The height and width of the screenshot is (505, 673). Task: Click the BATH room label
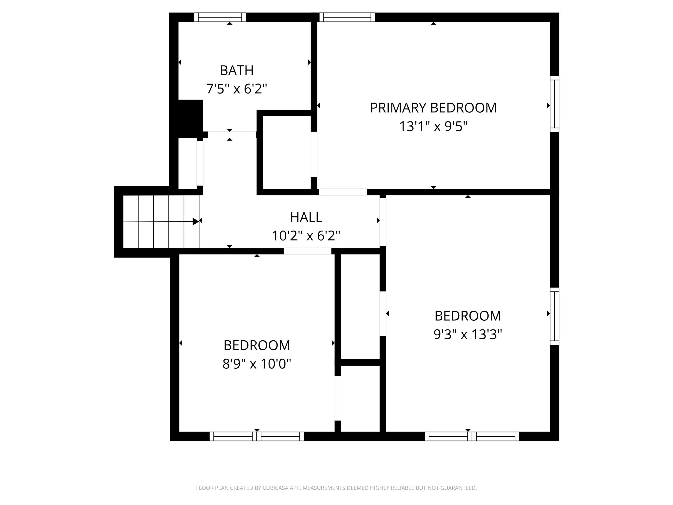click(236, 71)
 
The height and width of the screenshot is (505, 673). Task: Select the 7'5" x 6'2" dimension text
click(236, 89)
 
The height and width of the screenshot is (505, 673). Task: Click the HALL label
click(306, 217)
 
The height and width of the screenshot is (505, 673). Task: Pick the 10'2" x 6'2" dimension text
click(306, 236)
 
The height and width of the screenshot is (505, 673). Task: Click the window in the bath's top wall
click(220, 17)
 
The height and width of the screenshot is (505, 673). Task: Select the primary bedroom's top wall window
click(347, 17)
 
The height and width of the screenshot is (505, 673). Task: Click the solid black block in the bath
click(190, 119)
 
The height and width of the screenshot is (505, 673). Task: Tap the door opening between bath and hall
click(232, 135)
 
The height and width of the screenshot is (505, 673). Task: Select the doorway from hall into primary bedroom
click(343, 192)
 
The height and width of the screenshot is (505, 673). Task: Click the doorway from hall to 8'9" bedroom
click(307, 251)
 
